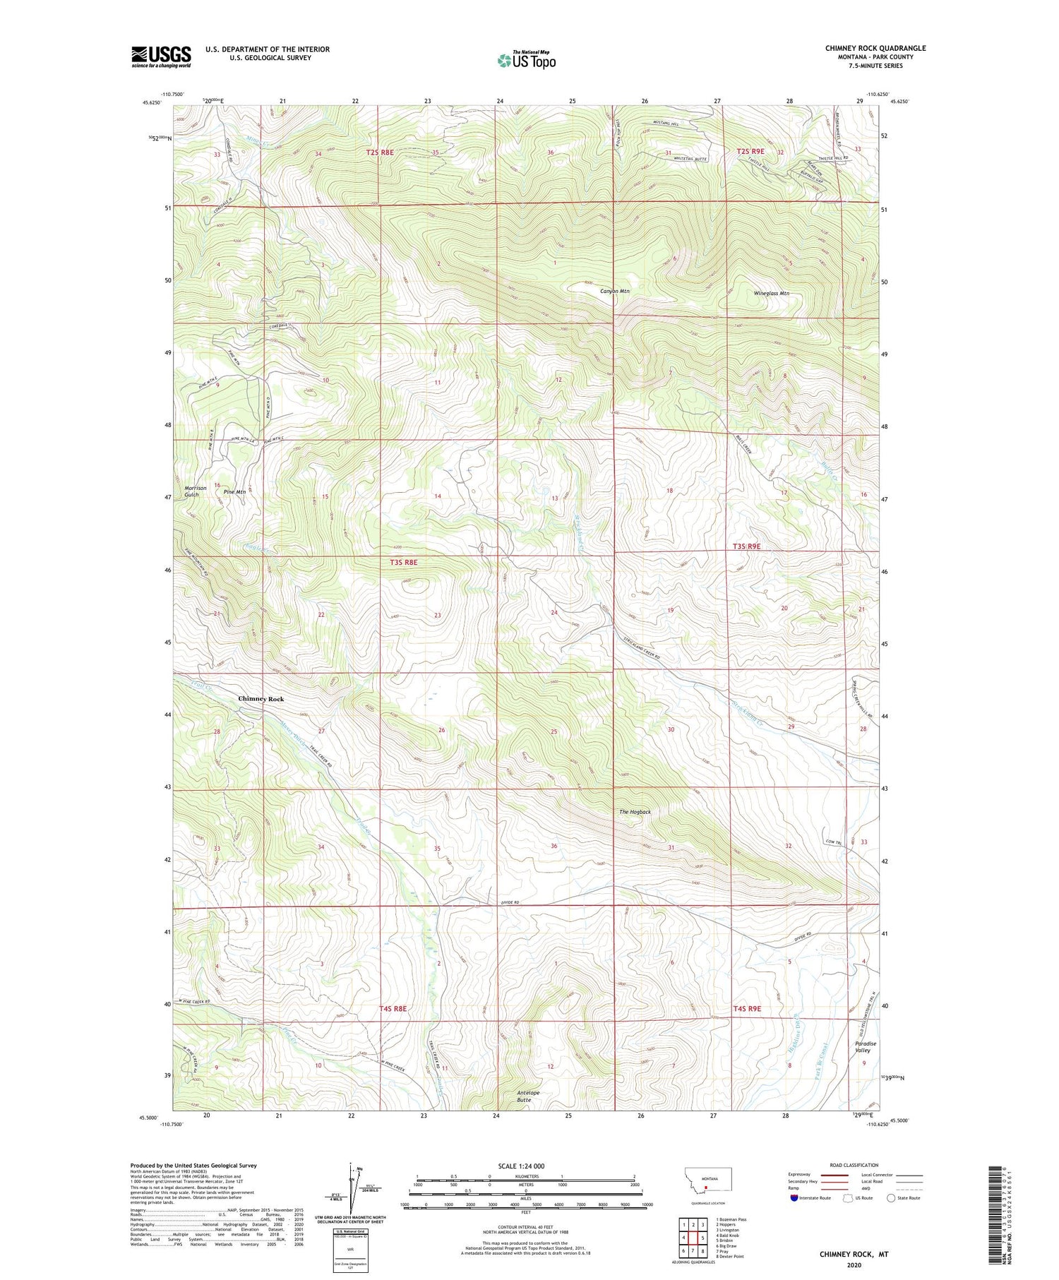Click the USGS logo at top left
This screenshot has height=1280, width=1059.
(x=161, y=56)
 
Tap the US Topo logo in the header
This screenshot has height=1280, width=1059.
(x=526, y=61)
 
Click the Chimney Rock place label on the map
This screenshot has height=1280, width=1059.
(x=261, y=699)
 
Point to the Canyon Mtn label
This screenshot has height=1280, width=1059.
(x=614, y=291)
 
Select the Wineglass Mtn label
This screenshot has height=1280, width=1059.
(x=771, y=293)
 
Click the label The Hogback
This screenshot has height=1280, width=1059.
(x=635, y=812)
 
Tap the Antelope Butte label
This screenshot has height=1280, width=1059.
(x=528, y=1096)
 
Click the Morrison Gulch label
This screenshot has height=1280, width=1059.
(x=196, y=491)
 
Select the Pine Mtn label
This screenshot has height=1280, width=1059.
(x=234, y=491)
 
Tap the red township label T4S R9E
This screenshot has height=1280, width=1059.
(x=747, y=1009)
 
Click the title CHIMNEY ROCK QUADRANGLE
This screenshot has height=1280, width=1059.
(x=875, y=48)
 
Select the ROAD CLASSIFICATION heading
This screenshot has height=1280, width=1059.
(x=854, y=1166)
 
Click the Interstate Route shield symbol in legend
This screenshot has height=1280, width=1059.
(x=794, y=1198)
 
